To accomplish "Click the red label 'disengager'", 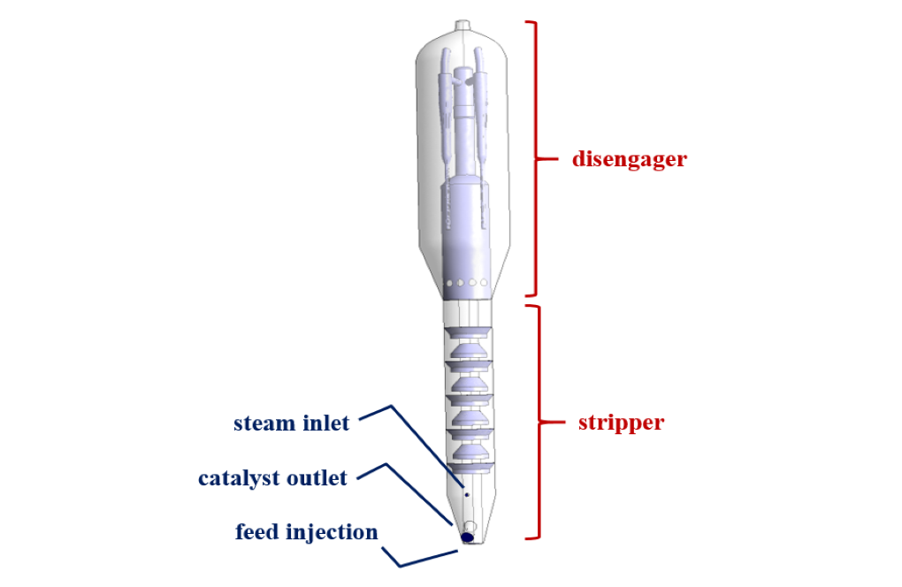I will point(629,160).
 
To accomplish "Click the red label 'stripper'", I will point(621,423).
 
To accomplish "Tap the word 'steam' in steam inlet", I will point(264,423).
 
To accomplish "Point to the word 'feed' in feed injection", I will point(257,532).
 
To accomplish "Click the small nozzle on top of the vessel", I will point(464,26).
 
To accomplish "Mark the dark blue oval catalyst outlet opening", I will point(468,536).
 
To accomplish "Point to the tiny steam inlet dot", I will point(467,496).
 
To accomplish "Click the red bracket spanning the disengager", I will point(533,159).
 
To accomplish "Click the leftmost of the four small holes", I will point(449,284).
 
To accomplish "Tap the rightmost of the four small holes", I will point(484,284).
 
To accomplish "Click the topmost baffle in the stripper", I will point(466,332).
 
